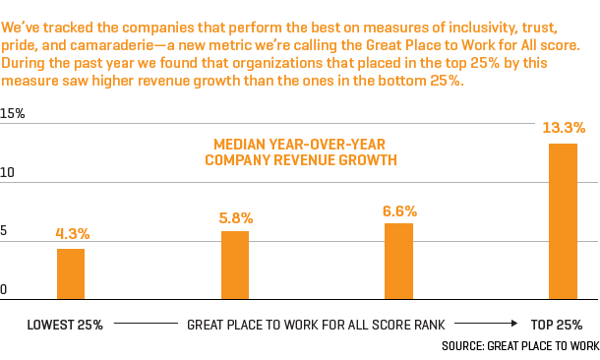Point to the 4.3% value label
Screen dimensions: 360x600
coord(73,234)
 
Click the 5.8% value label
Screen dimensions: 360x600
coord(236,217)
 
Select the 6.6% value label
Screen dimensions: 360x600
coord(399,210)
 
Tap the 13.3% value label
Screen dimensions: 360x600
coord(564,128)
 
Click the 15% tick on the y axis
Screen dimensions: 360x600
coord(13,114)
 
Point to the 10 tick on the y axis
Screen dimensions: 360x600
coord(8,173)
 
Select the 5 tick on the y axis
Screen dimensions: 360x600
coord(4,232)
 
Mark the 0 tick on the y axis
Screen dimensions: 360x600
coord(4,290)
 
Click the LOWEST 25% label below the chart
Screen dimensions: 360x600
coord(65,324)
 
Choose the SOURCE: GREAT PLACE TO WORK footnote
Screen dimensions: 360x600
coord(519,346)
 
